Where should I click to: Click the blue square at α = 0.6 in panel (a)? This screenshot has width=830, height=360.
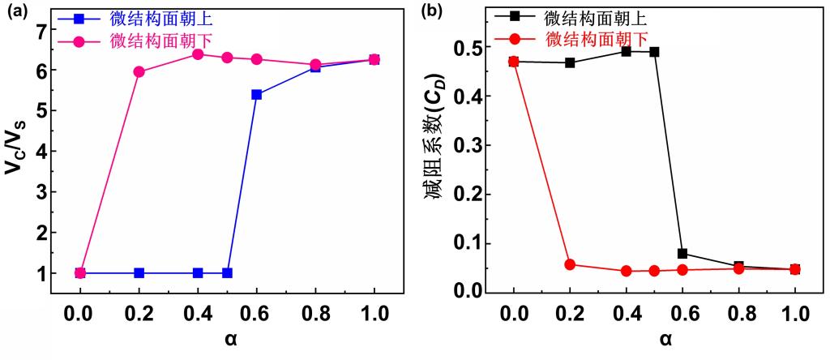point(257,95)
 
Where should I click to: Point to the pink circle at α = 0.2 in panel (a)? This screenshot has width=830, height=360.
point(139,72)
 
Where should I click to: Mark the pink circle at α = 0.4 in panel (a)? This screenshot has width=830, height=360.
point(198,54)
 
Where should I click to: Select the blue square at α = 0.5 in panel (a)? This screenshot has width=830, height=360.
point(228,273)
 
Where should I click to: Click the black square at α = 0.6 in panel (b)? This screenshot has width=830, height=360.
point(682,254)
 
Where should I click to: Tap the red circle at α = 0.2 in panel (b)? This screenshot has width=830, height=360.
point(570,264)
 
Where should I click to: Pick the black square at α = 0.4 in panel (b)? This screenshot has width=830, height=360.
point(626,51)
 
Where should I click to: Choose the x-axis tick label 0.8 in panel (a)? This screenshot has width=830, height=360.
point(315,313)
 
